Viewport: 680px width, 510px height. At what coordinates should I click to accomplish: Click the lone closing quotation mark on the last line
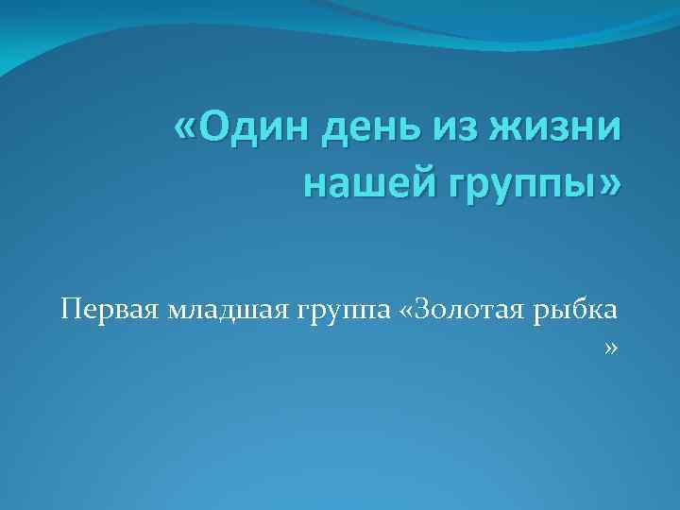click(611, 350)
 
